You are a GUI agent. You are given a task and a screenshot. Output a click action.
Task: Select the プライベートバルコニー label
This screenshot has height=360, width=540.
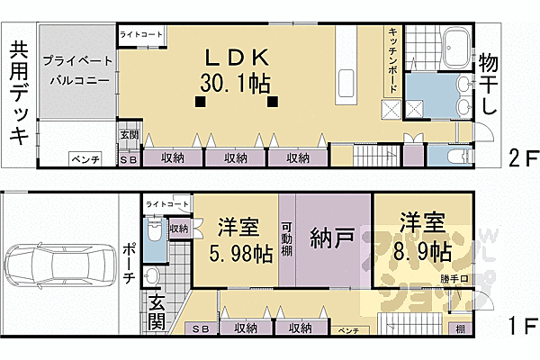pyautogui.click(x=76, y=69)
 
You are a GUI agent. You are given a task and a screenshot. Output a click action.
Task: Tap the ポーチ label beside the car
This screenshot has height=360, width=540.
pyautogui.click(x=129, y=263)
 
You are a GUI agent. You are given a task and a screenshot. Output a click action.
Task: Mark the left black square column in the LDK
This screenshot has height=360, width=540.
pyautogui.click(x=199, y=102)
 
